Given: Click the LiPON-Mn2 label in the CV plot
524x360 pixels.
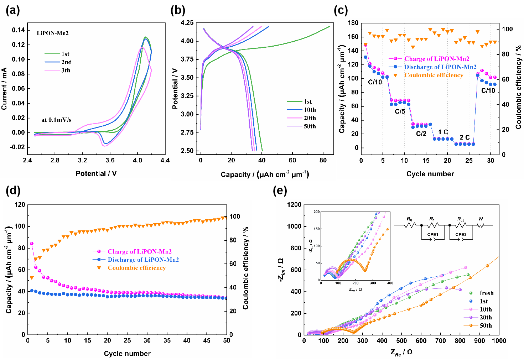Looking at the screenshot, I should tap(53, 33).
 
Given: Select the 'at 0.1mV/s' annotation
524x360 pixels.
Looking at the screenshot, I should tap(56, 120).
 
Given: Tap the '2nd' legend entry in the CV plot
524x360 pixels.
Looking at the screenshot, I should tap(66, 62).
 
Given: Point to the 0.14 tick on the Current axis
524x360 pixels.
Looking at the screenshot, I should tap(19, 30).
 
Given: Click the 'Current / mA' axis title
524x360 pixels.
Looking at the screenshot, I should tap(4, 88).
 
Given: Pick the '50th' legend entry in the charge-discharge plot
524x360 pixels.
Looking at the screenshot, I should tap(310, 126).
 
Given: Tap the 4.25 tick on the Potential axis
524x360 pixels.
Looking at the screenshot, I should tap(187, 23).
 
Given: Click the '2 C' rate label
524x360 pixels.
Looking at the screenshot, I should tap(465, 137).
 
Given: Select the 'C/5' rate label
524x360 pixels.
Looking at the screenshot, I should tap(400, 111).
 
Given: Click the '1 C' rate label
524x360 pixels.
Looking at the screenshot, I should tap(443, 132).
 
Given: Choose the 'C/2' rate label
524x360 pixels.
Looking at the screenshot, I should tap(421, 134).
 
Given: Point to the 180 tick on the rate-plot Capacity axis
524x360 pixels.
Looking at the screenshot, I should tap(353, 23).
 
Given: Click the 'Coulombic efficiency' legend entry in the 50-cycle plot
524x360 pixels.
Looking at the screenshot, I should tap(137, 268).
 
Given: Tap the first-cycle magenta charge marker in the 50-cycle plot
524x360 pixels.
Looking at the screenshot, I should tap(32, 244).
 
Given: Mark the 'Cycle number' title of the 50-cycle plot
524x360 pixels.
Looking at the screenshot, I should tap(127, 354).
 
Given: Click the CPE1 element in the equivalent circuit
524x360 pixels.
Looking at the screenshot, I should tap(432, 235).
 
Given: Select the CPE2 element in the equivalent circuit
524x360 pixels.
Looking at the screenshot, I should tap(461, 235).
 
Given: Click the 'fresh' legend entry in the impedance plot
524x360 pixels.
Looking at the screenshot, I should tap(487, 293).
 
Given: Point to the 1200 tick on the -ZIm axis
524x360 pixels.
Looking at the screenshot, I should tap(294, 205).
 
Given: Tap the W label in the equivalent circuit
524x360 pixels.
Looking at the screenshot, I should tap(481, 219).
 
